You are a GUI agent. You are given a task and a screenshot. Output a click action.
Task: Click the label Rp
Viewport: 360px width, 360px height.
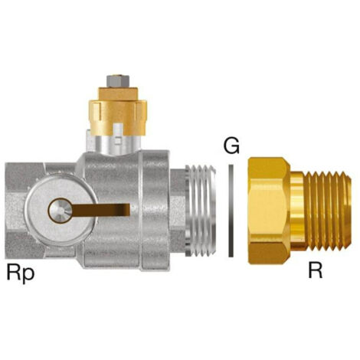21,273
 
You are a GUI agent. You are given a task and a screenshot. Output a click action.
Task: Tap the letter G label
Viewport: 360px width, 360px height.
231,146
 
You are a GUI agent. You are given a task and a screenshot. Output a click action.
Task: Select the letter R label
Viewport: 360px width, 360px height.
316,270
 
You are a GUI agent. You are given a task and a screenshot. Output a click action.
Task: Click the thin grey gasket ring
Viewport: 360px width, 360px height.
231,211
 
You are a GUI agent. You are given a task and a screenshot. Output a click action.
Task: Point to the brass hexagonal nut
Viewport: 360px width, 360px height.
270,211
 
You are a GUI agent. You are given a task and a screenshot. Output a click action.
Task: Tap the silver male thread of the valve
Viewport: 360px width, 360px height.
201,211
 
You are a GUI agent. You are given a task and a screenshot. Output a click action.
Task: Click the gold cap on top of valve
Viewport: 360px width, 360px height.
118,111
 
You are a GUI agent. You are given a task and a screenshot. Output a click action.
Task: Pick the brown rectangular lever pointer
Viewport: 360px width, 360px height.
101,210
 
